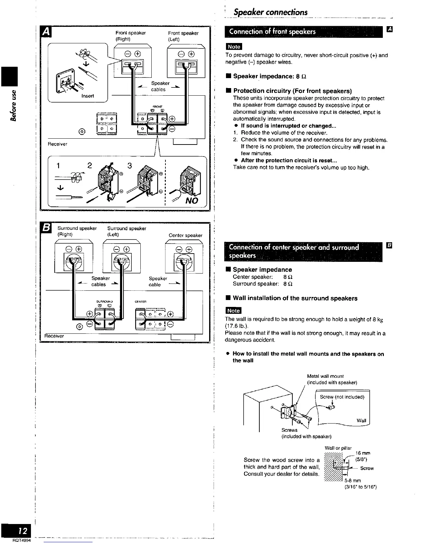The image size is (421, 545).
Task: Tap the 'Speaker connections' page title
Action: click(x=270, y=12)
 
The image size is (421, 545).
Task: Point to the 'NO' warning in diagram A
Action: click(x=192, y=200)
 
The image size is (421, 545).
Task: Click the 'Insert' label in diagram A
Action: click(x=87, y=96)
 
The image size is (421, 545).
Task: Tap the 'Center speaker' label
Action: click(x=185, y=235)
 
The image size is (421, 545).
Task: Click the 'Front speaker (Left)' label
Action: click(x=183, y=36)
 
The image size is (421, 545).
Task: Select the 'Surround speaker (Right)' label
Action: click(x=77, y=231)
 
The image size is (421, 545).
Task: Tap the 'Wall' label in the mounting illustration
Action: click(x=361, y=420)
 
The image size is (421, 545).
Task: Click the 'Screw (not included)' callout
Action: click(x=342, y=397)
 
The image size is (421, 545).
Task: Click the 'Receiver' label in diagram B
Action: click(x=54, y=336)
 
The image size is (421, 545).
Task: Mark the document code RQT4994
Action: click(x=22, y=541)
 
